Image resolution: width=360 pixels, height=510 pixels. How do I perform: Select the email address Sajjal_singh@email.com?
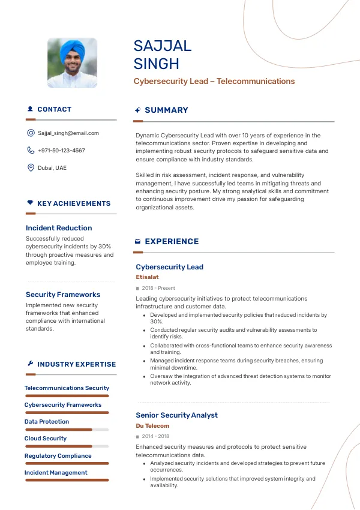[68, 133]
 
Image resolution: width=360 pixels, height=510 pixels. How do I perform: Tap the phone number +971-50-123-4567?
[61, 151]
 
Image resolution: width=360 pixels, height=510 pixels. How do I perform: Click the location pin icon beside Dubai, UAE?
[31, 168]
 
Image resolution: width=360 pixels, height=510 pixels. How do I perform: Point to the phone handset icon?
[31, 151]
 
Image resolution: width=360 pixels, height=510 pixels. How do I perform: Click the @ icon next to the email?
[31, 133]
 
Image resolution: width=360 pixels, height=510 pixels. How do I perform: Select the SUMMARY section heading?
[166, 110]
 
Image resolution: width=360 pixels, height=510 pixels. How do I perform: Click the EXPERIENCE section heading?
[172, 242]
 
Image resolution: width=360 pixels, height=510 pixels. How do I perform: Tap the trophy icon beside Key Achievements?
[30, 203]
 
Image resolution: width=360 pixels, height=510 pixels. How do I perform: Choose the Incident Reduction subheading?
[59, 228]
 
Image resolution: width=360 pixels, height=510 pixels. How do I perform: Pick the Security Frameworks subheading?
[63, 295]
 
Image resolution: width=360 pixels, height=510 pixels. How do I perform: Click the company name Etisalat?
[147, 277]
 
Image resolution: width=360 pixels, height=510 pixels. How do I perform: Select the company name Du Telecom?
[152, 426]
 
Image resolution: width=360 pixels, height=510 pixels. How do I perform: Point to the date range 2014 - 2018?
[155, 437]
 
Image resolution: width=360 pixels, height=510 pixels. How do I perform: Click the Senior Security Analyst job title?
[176, 415]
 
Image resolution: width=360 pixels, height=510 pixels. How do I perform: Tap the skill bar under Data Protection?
[67, 430]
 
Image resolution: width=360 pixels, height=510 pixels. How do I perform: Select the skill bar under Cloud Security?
[67, 446]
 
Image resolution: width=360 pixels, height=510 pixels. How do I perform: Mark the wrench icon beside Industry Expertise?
[30, 364]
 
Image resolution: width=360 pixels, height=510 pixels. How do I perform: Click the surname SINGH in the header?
[157, 64]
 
